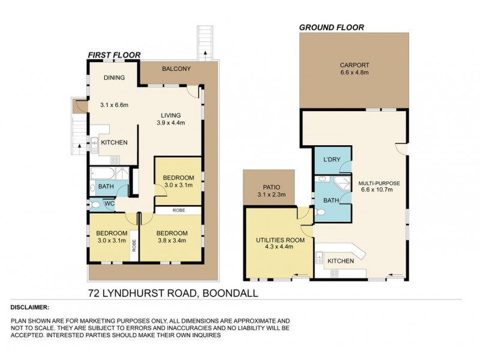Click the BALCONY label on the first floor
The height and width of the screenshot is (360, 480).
point(176,69)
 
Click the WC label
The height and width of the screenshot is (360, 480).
point(109,204)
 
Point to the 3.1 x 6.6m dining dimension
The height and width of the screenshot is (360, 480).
point(114,105)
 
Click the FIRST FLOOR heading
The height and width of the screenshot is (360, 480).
point(114,55)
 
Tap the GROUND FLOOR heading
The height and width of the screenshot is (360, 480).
point(331,27)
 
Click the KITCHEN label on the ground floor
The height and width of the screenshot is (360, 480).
point(340,261)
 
